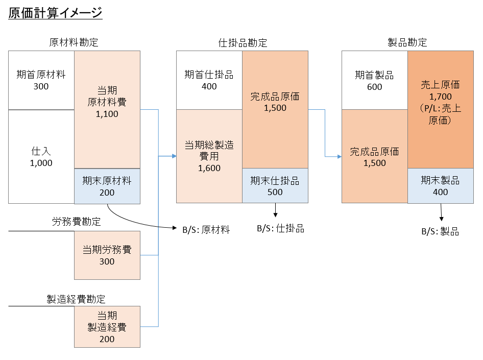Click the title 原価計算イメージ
55,13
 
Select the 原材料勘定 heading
74,42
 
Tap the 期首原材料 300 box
41,80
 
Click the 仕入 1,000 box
41,157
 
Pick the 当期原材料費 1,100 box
107,102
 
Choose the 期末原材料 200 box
107,186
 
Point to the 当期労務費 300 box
107,255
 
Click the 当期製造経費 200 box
107,327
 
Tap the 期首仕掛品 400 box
209,80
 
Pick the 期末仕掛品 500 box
275,186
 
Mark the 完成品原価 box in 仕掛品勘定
275,102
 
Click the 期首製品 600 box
374,81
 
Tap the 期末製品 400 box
440,186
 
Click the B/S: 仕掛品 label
280,229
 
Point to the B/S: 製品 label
440,232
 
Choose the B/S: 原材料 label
206,230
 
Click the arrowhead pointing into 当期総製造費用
174,156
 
